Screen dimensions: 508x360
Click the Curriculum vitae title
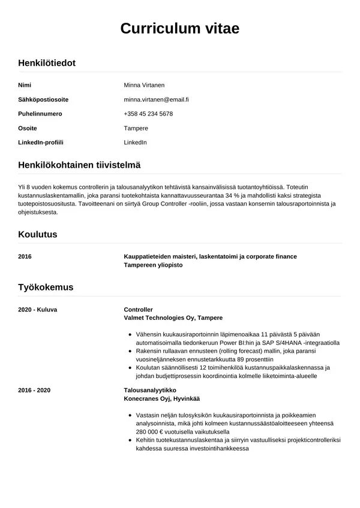180,29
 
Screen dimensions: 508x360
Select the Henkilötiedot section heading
47,63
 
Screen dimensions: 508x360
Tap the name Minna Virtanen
144,85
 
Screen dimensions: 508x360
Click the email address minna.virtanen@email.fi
156,99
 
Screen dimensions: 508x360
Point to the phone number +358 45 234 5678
148,114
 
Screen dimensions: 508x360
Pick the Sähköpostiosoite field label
43,99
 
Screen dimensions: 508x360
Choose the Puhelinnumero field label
40,114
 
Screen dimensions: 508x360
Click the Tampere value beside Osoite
136,128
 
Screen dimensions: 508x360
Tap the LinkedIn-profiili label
41,143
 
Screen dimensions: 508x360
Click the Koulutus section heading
38,234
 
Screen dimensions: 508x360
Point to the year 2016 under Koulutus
25,256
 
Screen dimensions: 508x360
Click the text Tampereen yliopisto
153,265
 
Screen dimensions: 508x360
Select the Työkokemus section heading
46,287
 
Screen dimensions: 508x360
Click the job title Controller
138,309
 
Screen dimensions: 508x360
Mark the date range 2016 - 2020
34,390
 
